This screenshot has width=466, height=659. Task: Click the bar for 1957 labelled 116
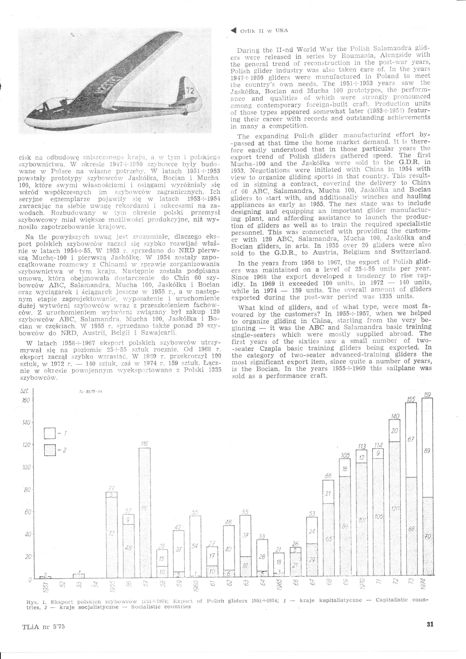pos(145,513)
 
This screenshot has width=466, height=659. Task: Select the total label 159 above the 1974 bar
pos(427,395)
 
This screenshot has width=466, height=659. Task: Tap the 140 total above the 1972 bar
pos(395,416)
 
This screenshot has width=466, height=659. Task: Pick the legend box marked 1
pos(51,433)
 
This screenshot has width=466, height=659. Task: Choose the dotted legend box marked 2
pos(51,450)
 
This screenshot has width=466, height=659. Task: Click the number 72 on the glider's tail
pos(190,91)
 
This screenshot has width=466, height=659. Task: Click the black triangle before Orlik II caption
pos(233,30)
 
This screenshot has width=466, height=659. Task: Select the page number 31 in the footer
pos(429,624)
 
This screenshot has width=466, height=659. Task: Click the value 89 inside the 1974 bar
pos(427,451)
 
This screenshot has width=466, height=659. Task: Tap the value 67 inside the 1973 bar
pos(411,439)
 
